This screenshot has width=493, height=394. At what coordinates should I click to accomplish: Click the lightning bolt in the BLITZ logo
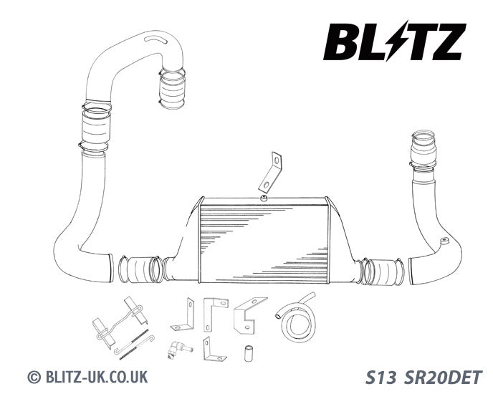click(x=396, y=40)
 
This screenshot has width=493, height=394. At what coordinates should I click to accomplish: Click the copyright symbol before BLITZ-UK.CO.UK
click(x=34, y=377)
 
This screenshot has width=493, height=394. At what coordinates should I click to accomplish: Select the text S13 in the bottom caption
click(x=380, y=378)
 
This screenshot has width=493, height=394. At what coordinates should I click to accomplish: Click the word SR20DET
click(x=442, y=378)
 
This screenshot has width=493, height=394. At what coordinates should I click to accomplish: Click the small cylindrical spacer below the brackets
click(x=249, y=353)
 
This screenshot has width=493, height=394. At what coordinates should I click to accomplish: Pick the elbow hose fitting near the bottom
click(x=178, y=349)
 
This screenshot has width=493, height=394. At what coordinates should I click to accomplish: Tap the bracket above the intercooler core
click(x=271, y=173)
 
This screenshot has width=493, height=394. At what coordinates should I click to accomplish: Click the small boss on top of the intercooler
click(x=264, y=198)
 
